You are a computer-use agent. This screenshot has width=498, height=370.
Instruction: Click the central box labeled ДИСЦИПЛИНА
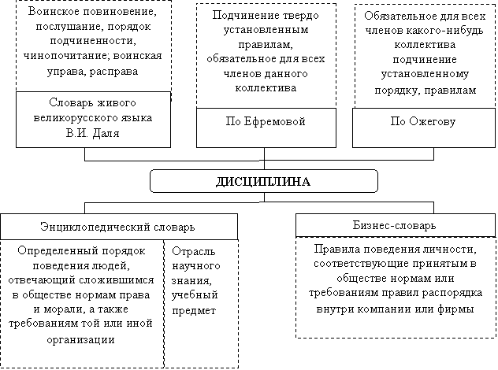pos(264,181)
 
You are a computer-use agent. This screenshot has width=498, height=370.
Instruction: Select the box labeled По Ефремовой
pos(266,128)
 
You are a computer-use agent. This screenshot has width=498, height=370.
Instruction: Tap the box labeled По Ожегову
pos(424,128)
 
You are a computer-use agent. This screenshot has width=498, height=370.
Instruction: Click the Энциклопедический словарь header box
pos(119,227)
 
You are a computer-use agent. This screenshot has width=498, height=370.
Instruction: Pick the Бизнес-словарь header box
pos(396,225)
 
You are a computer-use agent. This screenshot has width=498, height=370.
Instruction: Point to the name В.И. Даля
pos(93,133)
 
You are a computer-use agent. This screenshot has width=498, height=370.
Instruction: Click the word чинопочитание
pos(66,56)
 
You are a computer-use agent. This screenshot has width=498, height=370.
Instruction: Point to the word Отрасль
pos(193,251)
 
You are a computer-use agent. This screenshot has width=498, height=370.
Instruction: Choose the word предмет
pos(194,311)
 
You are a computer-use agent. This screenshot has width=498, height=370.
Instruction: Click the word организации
pos(80,340)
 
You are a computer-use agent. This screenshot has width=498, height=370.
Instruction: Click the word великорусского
pos(70,118)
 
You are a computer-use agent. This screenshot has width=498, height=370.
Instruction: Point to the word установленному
pos(425,74)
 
